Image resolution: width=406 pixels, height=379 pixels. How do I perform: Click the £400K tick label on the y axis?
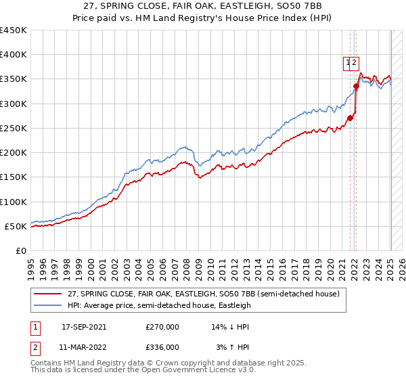tap(14, 55)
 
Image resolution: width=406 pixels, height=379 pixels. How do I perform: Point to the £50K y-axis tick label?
tap(16, 226)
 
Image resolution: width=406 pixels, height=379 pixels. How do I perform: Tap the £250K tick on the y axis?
tap(14, 128)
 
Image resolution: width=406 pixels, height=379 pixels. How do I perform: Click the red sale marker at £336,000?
tap(356, 86)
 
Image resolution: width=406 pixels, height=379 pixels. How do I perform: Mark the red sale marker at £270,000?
tap(351, 118)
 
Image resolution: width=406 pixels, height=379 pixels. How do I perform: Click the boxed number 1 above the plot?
tap(348, 63)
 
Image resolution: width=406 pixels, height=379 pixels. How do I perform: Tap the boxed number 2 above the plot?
tap(355, 63)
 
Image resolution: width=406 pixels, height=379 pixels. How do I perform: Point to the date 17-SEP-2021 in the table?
tap(84, 327)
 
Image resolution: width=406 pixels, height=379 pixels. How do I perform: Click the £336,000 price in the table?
tap(162, 347)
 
